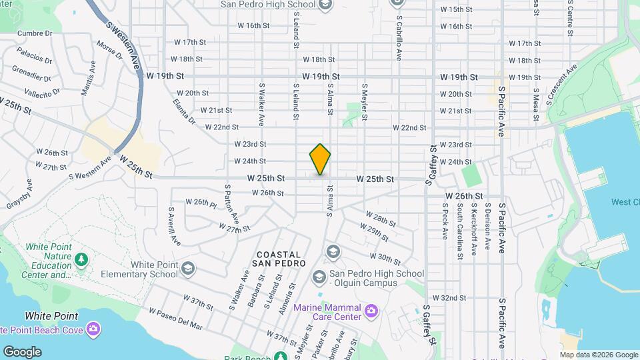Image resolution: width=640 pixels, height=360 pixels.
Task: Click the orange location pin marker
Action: point(320,159)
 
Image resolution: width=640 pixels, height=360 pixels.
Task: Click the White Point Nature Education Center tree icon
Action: point(81,259)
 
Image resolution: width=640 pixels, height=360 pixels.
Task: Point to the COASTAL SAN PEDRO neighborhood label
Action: point(279,261)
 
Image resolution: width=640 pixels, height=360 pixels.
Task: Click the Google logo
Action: point(22,352)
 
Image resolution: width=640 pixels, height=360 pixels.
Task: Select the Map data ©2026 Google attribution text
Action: point(599,355)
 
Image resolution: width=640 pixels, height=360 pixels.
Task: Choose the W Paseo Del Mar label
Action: point(176,319)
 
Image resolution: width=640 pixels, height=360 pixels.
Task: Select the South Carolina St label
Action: point(460,232)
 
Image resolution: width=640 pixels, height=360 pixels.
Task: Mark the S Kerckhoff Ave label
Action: point(474,230)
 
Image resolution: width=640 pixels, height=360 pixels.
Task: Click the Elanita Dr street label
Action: point(183,113)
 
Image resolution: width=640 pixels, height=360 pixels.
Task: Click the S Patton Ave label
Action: point(232,203)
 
